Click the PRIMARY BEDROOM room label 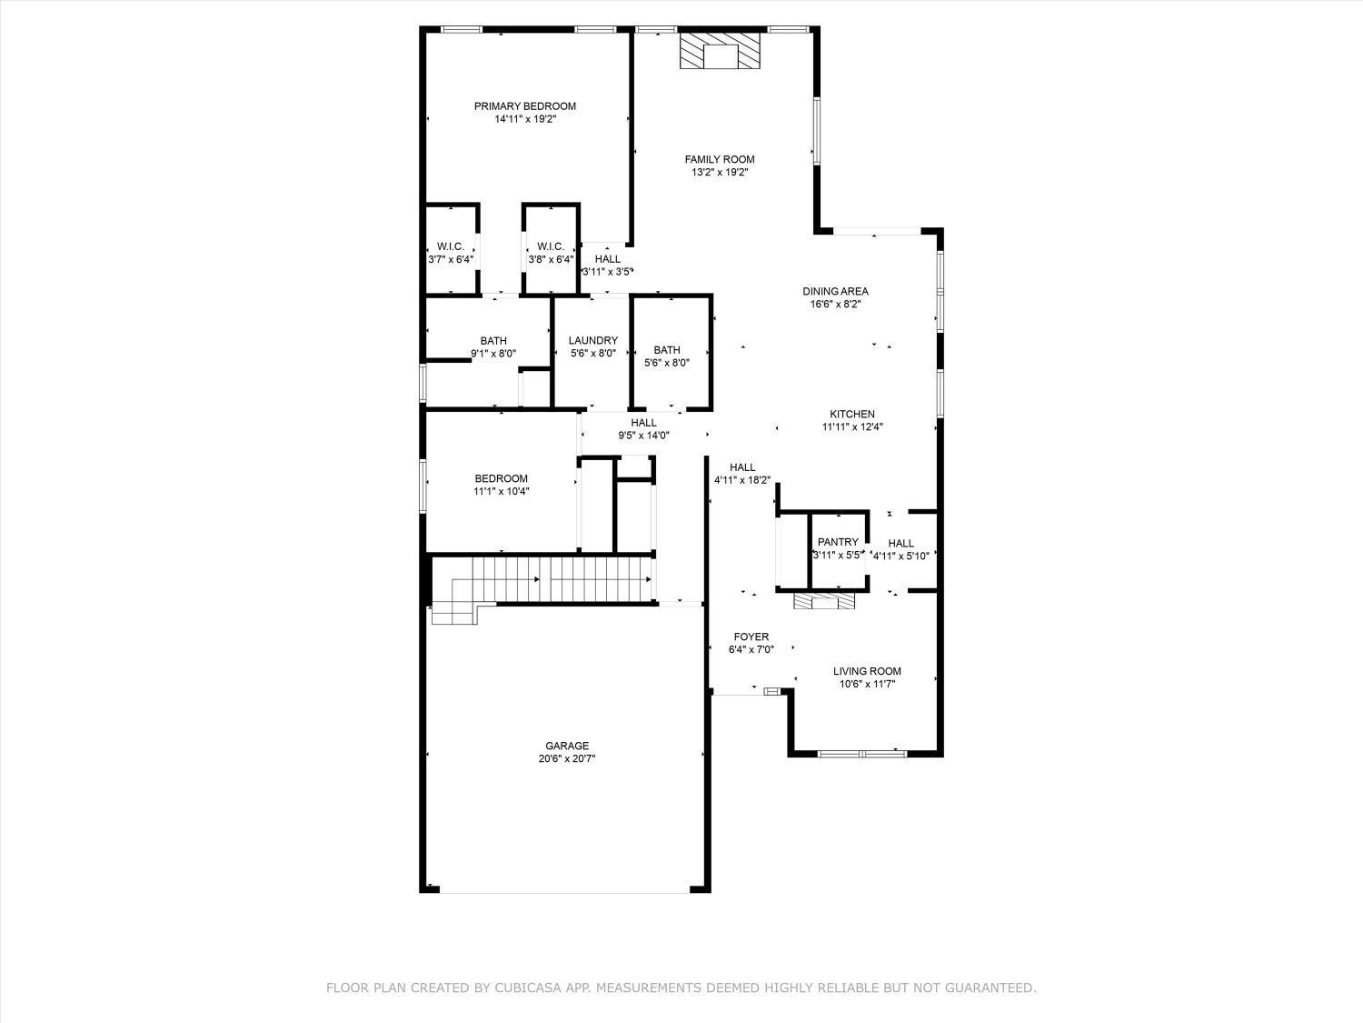(x=524, y=106)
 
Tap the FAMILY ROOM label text (x=720, y=160)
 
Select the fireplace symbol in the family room (x=720, y=52)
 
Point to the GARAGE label (x=567, y=746)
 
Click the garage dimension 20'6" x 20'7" (x=567, y=758)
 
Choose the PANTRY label (x=838, y=542)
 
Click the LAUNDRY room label (x=593, y=341)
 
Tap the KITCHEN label (x=851, y=415)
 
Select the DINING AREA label (x=835, y=292)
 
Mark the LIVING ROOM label (x=867, y=672)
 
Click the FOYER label (x=751, y=637)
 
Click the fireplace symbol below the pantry (x=824, y=601)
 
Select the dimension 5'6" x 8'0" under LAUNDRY (x=593, y=354)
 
